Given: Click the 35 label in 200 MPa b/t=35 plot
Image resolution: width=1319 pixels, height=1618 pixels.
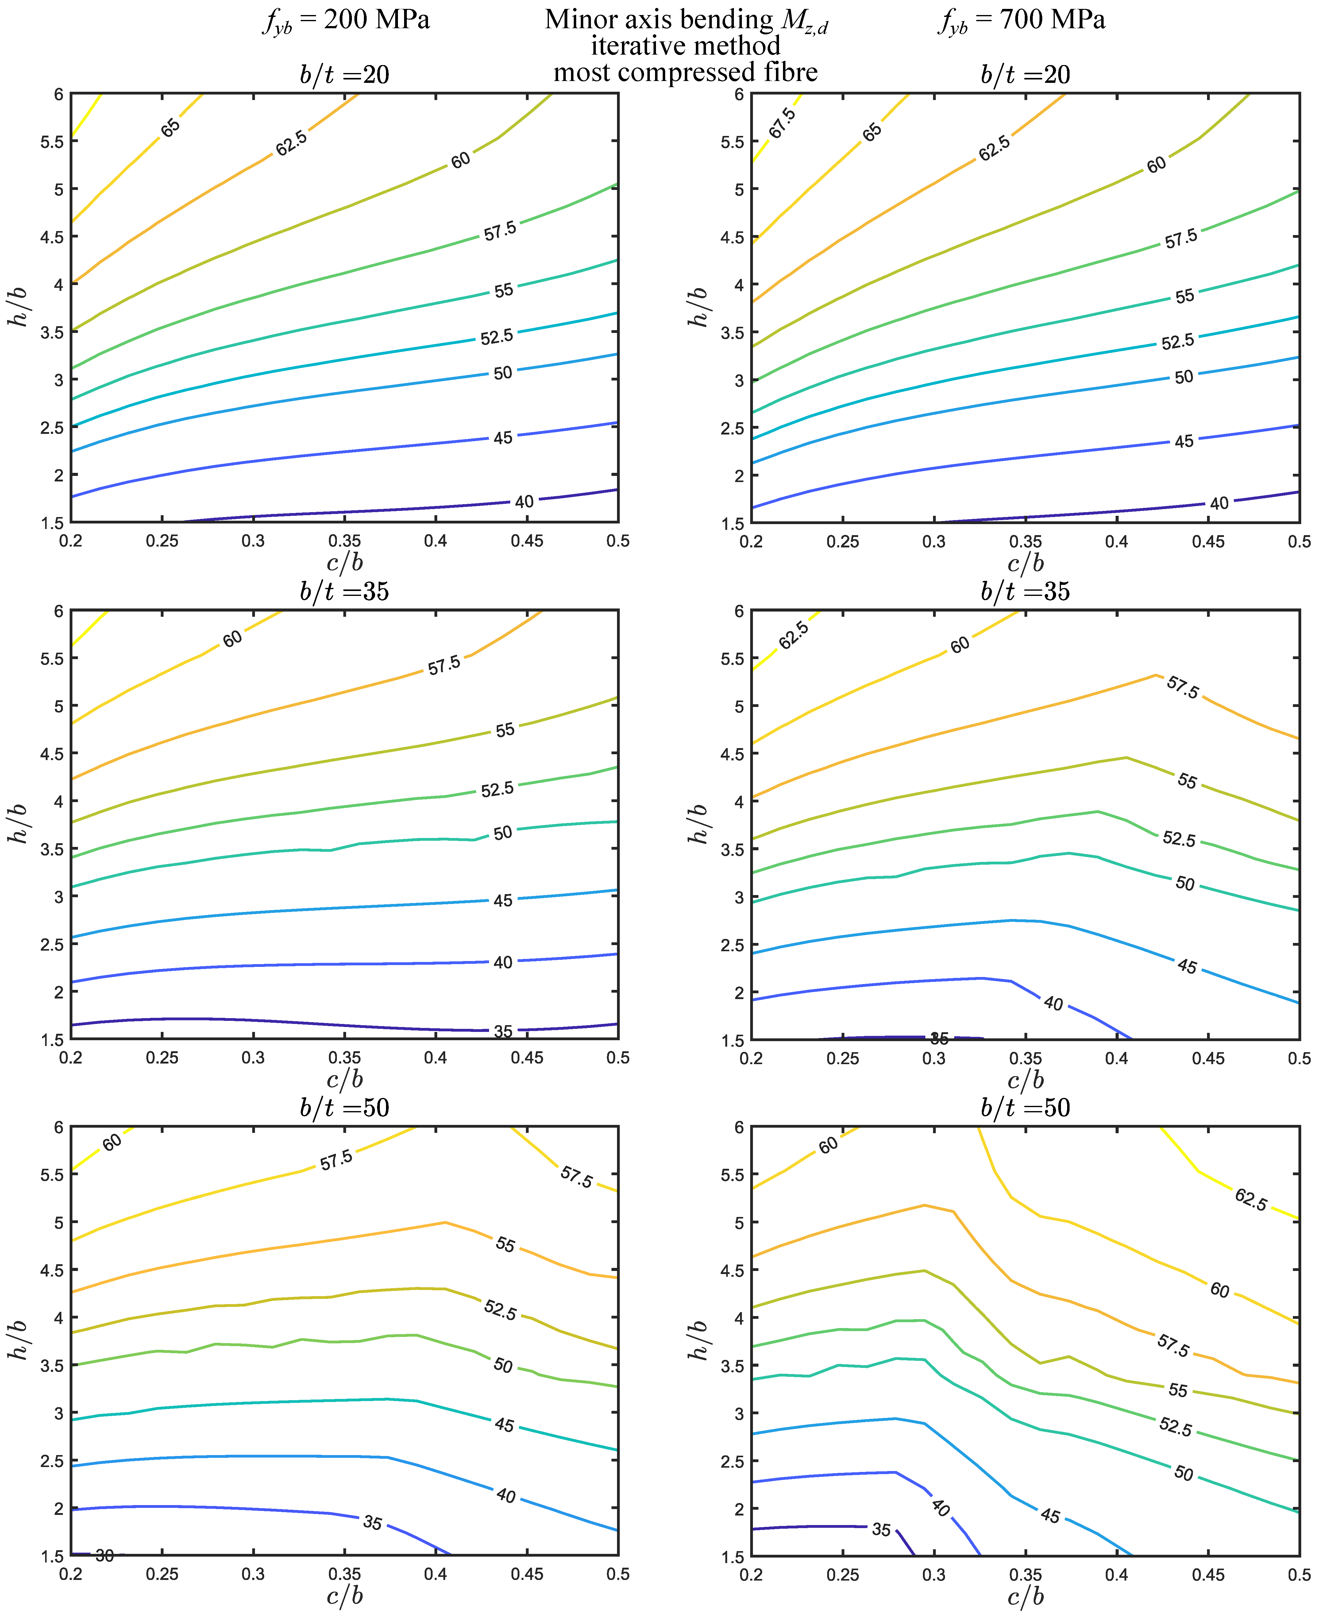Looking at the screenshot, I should pyautogui.click(x=503, y=1031).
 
